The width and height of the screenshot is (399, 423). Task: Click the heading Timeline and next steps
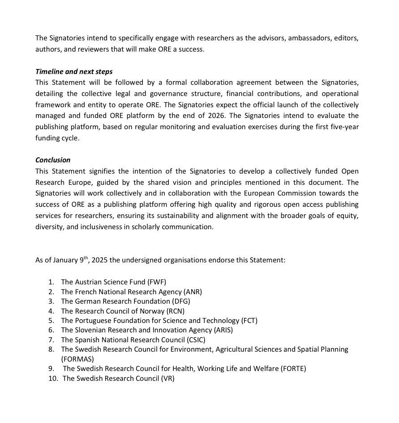click(x=74, y=71)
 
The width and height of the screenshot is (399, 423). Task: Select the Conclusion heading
click(x=53, y=160)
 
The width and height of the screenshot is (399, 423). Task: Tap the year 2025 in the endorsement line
click(x=99, y=260)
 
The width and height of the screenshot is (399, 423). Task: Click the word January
click(x=65, y=260)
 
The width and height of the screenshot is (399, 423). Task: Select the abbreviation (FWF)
click(x=157, y=282)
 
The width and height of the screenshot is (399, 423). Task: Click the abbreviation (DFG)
click(x=181, y=301)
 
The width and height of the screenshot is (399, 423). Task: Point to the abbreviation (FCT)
click(x=249, y=320)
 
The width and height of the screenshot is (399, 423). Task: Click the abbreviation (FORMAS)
click(x=77, y=359)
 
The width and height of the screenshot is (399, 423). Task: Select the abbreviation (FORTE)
click(x=293, y=369)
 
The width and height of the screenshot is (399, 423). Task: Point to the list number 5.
click(x=51, y=320)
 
